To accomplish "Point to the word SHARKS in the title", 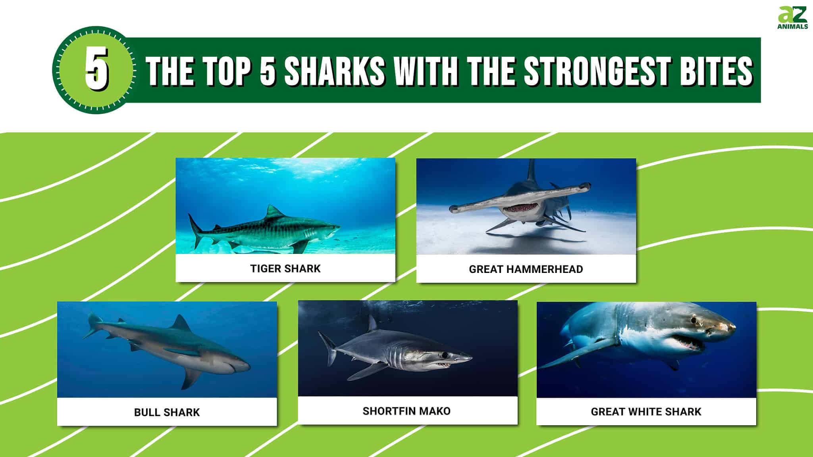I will pyautogui.click(x=334, y=70).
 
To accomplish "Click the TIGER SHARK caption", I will pyautogui.click(x=285, y=269).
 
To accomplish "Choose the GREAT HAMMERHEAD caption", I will pyautogui.click(x=526, y=269).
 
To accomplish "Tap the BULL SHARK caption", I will pyautogui.click(x=167, y=412).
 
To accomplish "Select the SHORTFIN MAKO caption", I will pyautogui.click(x=406, y=411).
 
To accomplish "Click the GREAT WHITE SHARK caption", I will pyautogui.click(x=646, y=412).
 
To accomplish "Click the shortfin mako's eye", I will pyautogui.click(x=445, y=354).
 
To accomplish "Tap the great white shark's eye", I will pyautogui.click(x=693, y=320).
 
